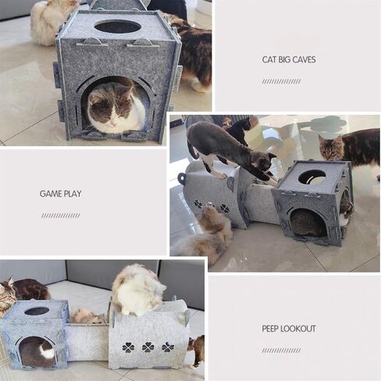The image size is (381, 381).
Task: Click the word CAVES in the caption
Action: point(303,59)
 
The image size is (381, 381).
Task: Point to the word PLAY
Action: point(73,194)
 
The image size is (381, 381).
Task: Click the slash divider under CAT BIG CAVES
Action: point(281,81)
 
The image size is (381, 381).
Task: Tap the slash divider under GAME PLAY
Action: point(60,215)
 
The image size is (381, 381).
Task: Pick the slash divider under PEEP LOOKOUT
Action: point(281,351)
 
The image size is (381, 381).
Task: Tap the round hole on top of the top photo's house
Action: point(118,27)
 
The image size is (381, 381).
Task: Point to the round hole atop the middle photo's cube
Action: point(312,177)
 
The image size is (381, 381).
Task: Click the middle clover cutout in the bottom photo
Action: point(148,347)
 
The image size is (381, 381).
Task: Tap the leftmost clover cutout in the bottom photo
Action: point(128,347)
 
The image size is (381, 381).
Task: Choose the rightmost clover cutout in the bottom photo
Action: point(168,347)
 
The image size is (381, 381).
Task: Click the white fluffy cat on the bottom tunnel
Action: point(137,290)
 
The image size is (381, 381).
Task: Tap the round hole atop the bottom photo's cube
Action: point(37,311)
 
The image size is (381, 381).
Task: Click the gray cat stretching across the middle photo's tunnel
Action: point(229,151)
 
